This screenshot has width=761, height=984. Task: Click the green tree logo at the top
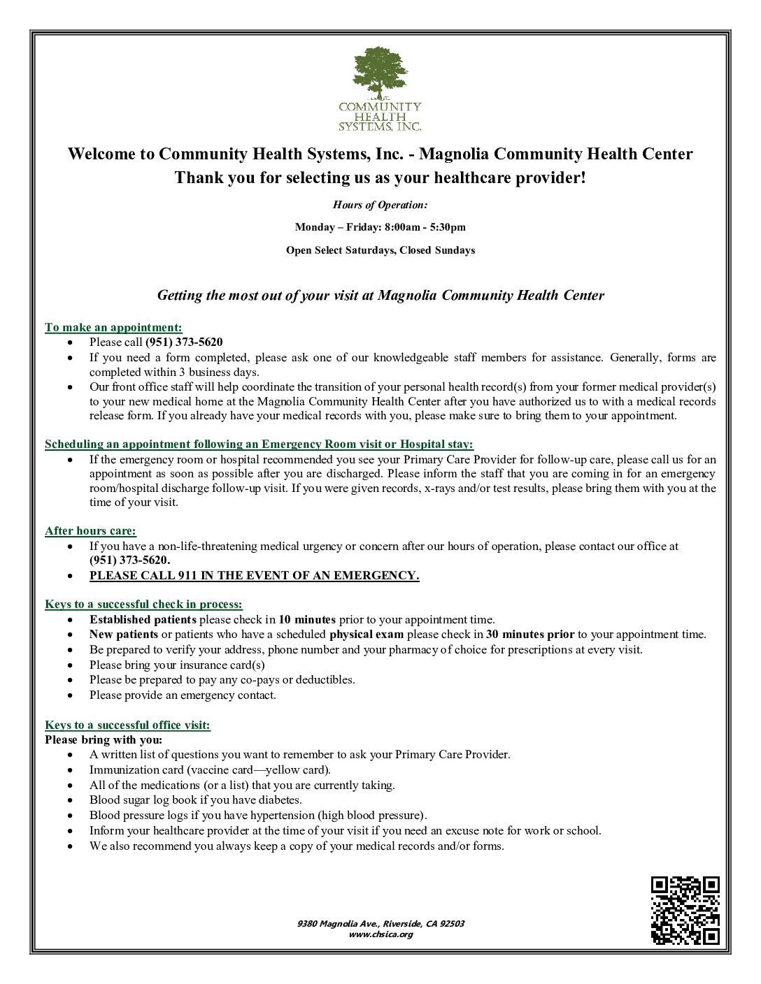[380, 73]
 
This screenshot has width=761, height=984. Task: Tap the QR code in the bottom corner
[685, 910]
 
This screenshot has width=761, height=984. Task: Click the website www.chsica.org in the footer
[380, 934]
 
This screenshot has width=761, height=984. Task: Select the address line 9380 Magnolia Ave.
[380, 924]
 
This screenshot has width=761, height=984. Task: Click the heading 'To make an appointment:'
[113, 327]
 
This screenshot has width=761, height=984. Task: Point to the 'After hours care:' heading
[90, 531]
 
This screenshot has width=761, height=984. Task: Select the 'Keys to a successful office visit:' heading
[127, 725]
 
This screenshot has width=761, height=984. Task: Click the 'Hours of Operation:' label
[380, 205]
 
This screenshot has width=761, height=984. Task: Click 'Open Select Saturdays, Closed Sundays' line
[380, 250]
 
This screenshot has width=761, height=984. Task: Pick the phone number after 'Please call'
[184, 342]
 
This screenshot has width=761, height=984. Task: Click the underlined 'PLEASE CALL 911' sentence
[254, 576]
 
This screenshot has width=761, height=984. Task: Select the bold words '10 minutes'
[307, 620]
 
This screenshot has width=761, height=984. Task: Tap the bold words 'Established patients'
[143, 620]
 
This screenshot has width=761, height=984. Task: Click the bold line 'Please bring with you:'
[104, 740]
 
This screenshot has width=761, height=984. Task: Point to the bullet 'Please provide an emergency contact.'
[183, 695]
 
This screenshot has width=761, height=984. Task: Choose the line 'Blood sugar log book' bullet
[195, 800]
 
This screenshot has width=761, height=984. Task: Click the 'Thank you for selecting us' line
[380, 178]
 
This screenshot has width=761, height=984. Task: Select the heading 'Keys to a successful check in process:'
[143, 605]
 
